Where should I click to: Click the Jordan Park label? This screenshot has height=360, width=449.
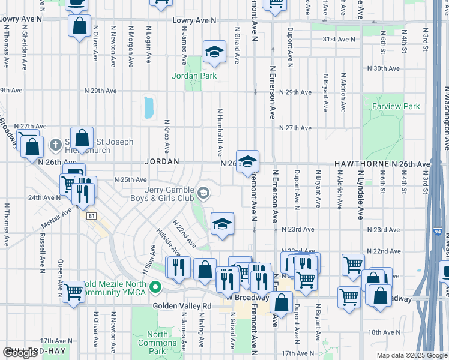click(194, 76)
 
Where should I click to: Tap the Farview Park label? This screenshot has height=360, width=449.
click(395, 106)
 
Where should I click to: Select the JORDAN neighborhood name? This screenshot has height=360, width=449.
click(162, 162)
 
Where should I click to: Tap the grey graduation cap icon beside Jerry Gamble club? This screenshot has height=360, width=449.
click(204, 193)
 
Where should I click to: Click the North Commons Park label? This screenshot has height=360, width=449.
click(157, 343)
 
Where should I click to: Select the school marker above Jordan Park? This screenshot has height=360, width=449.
click(214, 53)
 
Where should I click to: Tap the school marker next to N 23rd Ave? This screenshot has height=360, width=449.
click(222, 224)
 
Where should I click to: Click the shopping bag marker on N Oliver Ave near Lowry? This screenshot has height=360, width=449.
click(79, 26)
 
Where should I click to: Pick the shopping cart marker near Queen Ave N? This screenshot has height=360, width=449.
click(74, 292)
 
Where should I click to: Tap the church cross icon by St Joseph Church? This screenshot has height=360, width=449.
click(55, 144)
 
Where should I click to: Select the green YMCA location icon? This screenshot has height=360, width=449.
click(155, 288)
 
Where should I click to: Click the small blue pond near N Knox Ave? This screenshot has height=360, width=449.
click(148, 107)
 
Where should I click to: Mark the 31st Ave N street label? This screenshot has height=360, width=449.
click(339, 39)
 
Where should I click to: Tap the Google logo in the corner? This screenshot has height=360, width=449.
click(20, 353)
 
